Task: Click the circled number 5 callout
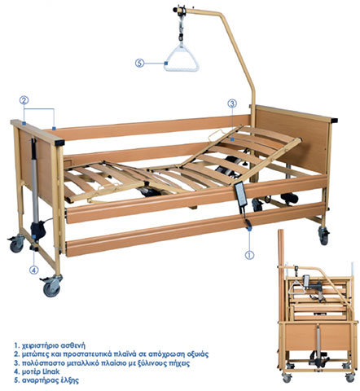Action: click(139, 64)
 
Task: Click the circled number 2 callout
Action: click(24, 100)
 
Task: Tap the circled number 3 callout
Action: click(232, 103)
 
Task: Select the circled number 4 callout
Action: click(34, 270)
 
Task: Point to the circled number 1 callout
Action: click(249, 255)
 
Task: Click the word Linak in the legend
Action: click(51, 371)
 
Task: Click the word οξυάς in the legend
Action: click(199, 354)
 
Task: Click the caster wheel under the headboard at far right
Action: click(323, 235)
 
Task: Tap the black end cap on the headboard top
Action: click(334, 120)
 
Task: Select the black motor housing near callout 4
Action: click(37, 231)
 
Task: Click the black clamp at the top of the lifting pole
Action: click(180, 11)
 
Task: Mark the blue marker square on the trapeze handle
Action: click(165, 64)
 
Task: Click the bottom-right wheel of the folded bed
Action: click(349, 377)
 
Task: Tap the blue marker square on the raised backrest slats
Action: click(232, 139)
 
